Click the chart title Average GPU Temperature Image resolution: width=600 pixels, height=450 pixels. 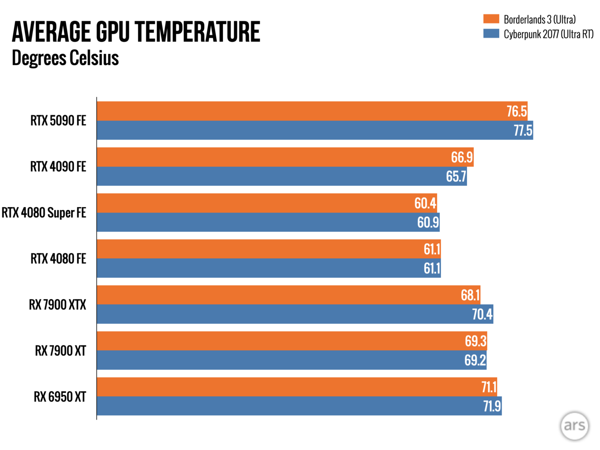coord(136,32)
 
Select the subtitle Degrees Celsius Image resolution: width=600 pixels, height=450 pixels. coord(65,58)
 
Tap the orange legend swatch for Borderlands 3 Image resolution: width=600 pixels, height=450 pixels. coord(491,19)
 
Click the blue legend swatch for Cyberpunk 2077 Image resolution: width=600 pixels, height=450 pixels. coord(491,33)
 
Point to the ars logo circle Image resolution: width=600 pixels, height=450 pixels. coord(575,425)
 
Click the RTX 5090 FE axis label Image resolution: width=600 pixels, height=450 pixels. coord(58,121)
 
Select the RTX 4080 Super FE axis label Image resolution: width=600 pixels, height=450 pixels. coord(44,213)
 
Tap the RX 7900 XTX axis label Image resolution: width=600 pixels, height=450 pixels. coord(57,305)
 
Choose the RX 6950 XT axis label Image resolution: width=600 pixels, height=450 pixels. coord(60,397)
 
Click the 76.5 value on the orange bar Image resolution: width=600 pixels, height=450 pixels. coord(517,111)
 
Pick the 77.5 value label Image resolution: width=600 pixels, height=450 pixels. coord(522,130)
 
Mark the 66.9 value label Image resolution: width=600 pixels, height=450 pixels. coord(462,157)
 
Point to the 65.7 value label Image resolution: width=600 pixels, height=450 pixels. coord(456,176)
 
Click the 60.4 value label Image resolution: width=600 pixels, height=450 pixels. coord(425,203)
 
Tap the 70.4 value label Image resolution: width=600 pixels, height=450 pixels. coord(482,314)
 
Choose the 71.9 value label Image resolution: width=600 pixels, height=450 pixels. coord(492,406)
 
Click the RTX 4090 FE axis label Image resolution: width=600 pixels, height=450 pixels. coord(58,167)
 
